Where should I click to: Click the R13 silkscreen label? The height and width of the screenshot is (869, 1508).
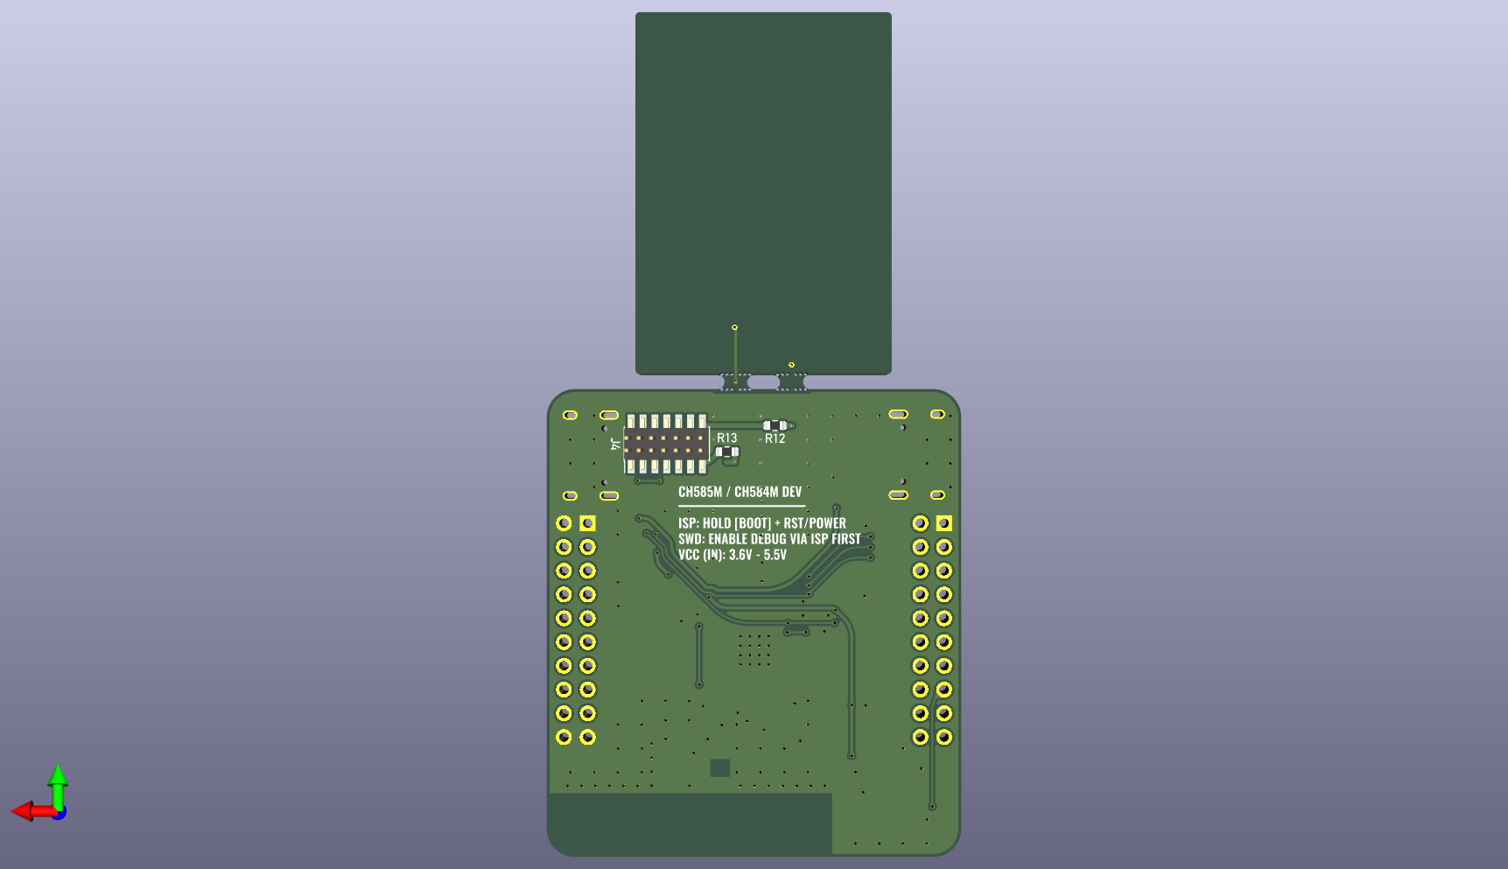coord(726,438)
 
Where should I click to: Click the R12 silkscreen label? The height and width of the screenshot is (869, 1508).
coord(775,438)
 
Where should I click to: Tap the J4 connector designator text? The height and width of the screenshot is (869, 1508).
coord(615,445)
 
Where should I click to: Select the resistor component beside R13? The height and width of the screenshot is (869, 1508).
coord(727,452)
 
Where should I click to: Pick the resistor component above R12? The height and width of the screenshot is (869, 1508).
coord(775,425)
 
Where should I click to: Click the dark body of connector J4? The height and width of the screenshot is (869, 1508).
coord(666,444)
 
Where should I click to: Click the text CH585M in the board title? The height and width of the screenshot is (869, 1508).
coord(699,492)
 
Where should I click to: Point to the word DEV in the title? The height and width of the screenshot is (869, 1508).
coord(791,492)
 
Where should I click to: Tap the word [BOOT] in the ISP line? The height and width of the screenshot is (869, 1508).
coord(753,523)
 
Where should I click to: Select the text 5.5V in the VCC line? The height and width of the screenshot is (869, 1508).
coord(775,555)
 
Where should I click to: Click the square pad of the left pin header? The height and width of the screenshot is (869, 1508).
coord(587,523)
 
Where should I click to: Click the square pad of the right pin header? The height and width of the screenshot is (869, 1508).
coord(943,523)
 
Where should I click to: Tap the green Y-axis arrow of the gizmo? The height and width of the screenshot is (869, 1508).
coord(58,779)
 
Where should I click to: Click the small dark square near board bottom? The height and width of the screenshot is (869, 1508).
coord(719,767)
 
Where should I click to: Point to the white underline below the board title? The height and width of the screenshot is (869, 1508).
coord(741,506)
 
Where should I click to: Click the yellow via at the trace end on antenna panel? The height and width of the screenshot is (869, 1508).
coord(734,327)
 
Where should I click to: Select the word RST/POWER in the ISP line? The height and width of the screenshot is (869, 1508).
coord(814,523)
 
